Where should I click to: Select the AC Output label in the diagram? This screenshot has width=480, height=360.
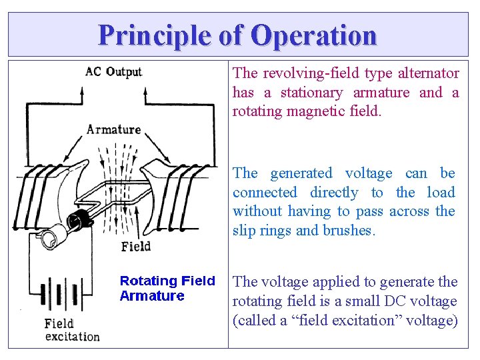pos(113,71)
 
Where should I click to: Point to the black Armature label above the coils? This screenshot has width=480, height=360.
pos(113,129)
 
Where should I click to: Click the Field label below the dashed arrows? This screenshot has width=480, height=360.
pos(136,247)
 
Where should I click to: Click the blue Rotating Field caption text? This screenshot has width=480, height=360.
pos(167,281)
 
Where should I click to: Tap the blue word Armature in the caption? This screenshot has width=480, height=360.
pos(152,296)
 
